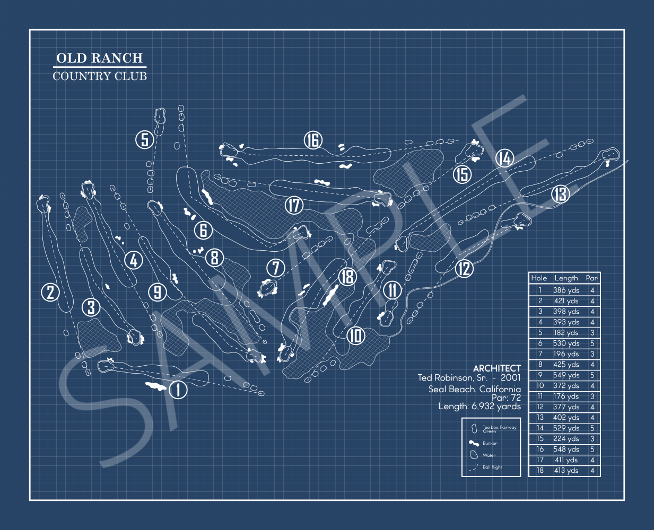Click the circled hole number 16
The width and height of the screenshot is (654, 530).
click(313, 140)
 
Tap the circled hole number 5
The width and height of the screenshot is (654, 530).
click(144, 140)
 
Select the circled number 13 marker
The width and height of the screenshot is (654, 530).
click(560, 195)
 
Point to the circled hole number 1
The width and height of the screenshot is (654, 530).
click(178, 390)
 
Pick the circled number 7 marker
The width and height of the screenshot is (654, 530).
click(276, 268)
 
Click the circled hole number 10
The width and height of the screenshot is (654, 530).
click(356, 335)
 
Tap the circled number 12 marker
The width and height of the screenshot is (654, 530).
click(464, 269)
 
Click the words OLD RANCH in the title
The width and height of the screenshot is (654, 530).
click(100, 58)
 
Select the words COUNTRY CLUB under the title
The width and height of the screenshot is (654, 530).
click(100, 76)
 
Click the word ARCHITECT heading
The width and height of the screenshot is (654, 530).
click(497, 368)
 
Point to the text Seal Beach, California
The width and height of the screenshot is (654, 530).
click(475, 389)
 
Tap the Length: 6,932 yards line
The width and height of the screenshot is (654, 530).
click(479, 407)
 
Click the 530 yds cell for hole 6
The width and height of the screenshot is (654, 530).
click(566, 343)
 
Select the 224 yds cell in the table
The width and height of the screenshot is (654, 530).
click(566, 439)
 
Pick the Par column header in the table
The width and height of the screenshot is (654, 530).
click(592, 278)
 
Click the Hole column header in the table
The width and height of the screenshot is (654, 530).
click(539, 278)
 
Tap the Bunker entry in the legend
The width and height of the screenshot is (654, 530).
click(490, 443)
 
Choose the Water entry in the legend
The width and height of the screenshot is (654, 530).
click(489, 455)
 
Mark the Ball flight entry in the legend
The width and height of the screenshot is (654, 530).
click(492, 467)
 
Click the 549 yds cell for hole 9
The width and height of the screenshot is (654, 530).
click(566, 375)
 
